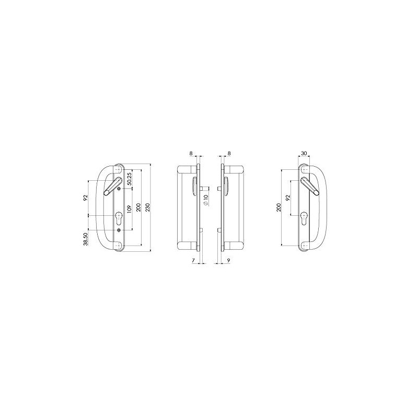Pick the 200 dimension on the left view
[x=138, y=207]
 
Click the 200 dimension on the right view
[x=279, y=207]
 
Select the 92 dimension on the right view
[x=287, y=198]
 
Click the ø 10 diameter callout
[x=206, y=200]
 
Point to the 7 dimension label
[x=193, y=260]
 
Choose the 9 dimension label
[x=229, y=260]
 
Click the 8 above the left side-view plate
[x=191, y=154]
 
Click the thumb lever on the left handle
[x=111, y=185]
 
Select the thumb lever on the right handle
[x=311, y=185]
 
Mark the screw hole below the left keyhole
[x=120, y=230]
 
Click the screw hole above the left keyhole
[x=120, y=189]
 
